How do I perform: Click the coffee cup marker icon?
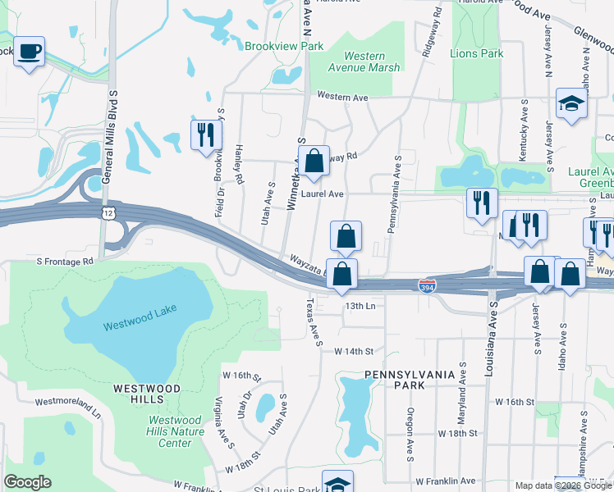pos(30,52)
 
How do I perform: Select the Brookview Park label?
pos(284,46)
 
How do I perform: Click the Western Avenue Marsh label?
pos(364,61)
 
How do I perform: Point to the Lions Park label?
pos(476,53)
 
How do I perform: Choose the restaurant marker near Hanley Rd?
pos(205,134)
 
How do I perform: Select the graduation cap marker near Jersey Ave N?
pos(570,104)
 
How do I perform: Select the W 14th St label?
pos(353,351)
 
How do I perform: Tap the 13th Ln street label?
pos(360,306)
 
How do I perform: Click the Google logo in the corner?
pos(27,482)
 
